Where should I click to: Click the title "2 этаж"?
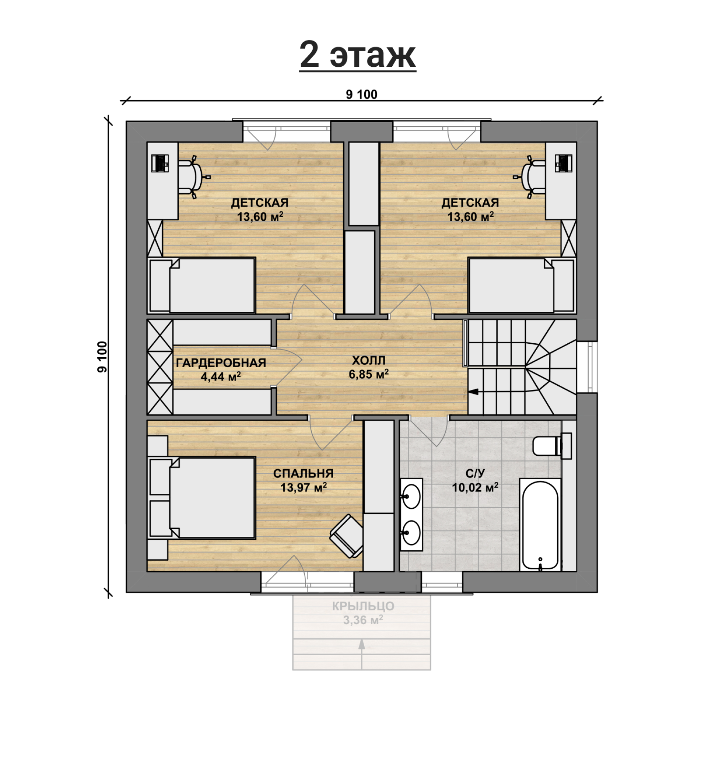pyautogui.click(x=357, y=55)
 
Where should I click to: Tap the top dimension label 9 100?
pyautogui.click(x=361, y=94)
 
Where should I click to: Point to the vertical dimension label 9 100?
pyautogui.click(x=102, y=356)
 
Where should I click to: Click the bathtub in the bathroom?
pyautogui.click(x=540, y=525)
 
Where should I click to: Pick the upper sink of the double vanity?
pyautogui.click(x=411, y=497)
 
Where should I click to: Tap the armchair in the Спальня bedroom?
pyautogui.click(x=347, y=536)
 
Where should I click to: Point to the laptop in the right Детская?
pyautogui.click(x=563, y=163)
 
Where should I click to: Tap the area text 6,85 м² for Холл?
pyautogui.click(x=368, y=374)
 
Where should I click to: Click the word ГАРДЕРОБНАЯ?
pyautogui.click(x=221, y=363)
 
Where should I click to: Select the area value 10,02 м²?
pyautogui.click(x=475, y=487)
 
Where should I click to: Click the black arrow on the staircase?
pyautogui.click(x=474, y=392)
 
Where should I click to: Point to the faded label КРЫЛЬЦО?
pyautogui.click(x=363, y=606)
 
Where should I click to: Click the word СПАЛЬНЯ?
pyautogui.click(x=303, y=473)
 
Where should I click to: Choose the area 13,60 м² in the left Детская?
pyautogui.click(x=260, y=217)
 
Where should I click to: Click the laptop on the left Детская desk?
pyautogui.click(x=160, y=163)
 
